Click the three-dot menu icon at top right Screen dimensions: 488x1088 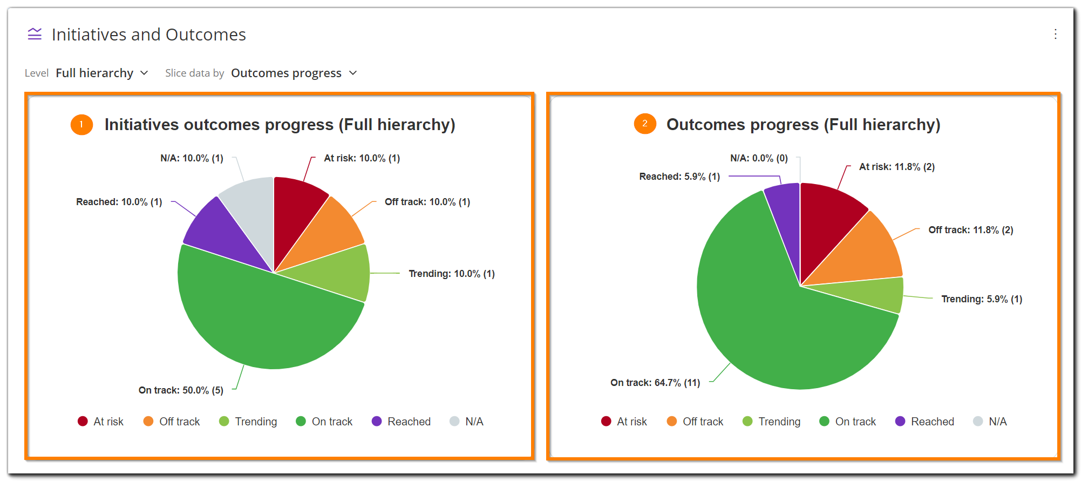1055,34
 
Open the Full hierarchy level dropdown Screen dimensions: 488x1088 101,73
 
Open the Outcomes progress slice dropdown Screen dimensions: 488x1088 293,73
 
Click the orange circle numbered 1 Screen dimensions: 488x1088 81,125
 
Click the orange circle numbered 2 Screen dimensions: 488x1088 644,124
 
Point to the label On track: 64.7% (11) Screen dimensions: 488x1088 655,383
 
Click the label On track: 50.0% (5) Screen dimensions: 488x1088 181,390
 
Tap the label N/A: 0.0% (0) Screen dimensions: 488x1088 758,158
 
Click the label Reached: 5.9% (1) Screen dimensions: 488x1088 679,177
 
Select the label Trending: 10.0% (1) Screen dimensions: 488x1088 451,274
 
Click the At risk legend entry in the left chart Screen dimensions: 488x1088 101,422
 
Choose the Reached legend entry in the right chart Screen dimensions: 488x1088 924,422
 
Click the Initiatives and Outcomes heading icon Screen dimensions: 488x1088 35,35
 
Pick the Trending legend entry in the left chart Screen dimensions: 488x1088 248,422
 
